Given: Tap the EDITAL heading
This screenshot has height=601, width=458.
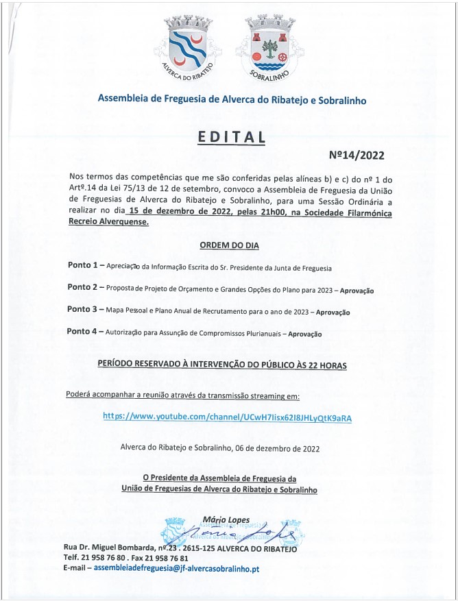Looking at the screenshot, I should click(231, 137).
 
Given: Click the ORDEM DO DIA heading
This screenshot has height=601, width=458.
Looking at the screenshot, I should click(229, 245).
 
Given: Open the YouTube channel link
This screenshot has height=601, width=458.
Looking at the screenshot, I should click(227, 417).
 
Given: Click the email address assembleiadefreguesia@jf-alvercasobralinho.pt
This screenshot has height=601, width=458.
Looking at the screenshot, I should click(176, 568).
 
